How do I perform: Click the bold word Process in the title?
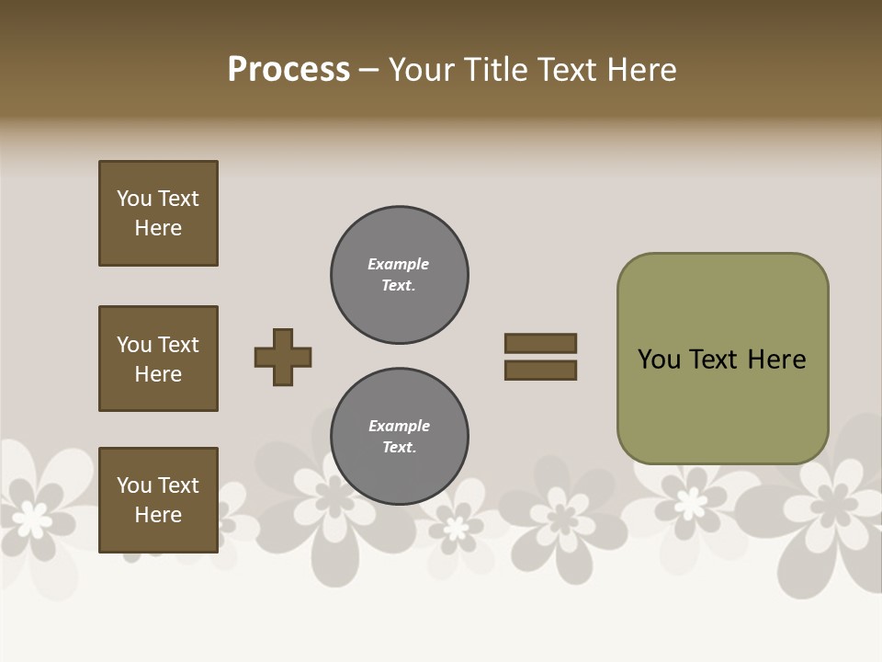tap(288, 70)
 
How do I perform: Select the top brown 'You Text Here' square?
tap(158, 213)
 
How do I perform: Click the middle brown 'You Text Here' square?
tap(158, 359)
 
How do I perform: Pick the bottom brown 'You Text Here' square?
tap(158, 500)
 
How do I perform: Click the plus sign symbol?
tap(283, 357)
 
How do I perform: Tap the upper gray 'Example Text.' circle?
tap(400, 275)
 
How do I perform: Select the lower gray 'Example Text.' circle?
tap(400, 437)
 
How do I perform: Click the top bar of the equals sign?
tap(540, 344)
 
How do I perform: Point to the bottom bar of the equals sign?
tap(540, 371)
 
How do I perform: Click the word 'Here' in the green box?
tap(776, 360)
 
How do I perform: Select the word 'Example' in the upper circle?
tap(398, 264)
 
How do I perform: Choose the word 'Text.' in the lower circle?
tap(399, 448)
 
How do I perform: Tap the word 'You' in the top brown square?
tap(134, 199)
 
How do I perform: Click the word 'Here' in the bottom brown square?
tap(158, 515)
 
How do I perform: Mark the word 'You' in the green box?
tap(659, 360)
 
